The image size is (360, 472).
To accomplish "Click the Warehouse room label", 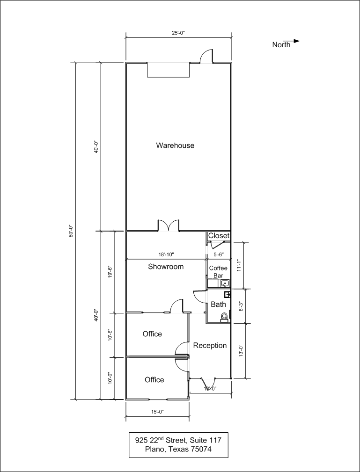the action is [x=175, y=145].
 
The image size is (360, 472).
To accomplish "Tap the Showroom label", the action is [x=166, y=267].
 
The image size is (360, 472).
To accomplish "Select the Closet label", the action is [x=219, y=236].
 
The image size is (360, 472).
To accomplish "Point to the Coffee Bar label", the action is [x=219, y=271].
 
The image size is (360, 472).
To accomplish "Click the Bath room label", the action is [x=219, y=305].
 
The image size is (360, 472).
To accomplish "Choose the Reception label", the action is [x=210, y=346].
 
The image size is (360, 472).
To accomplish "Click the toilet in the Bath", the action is [x=224, y=317].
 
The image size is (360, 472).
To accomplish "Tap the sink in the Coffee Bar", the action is [x=225, y=283].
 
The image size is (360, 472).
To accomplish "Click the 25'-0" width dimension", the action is [x=178, y=33].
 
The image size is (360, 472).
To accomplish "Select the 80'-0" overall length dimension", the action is [x=71, y=231].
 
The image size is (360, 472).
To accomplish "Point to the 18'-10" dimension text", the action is [x=166, y=254].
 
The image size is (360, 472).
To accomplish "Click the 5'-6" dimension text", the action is [x=219, y=254].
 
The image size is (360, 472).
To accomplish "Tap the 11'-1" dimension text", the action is [x=239, y=266].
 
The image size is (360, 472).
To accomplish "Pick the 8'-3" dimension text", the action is [x=241, y=306].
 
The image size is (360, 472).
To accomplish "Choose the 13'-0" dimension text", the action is [x=241, y=351].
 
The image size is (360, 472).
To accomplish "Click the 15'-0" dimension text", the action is [x=157, y=412].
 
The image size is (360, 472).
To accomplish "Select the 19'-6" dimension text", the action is [x=110, y=272].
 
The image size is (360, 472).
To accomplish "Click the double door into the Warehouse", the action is [x=169, y=226].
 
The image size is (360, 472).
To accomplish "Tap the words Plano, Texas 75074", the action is [x=178, y=450].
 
